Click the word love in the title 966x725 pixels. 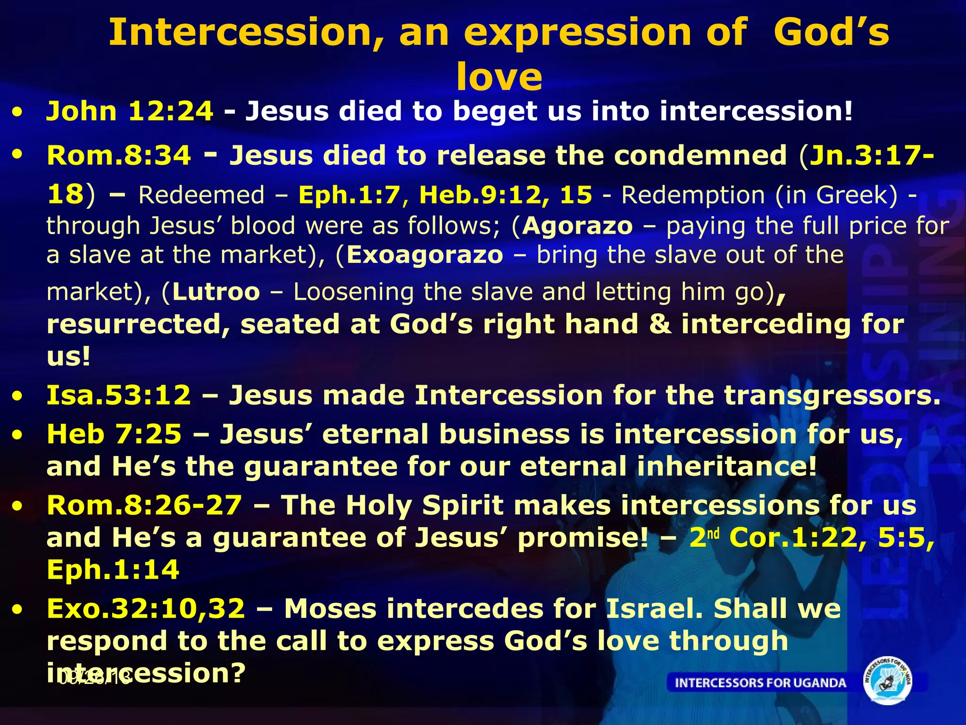tap(499, 76)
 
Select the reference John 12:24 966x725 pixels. tap(129, 111)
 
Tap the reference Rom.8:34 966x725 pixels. tap(119, 155)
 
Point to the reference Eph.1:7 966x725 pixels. tap(349, 195)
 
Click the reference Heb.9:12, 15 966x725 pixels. tap(505, 195)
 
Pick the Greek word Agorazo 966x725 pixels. tap(577, 226)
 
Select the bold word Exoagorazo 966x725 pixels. tap(425, 255)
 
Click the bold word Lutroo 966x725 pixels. tap(216, 292)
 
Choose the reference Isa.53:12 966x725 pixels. tap(119, 395)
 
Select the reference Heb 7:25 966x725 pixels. tap(114, 434)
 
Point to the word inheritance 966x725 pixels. tap(726, 466)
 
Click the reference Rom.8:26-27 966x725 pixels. tap(144, 506)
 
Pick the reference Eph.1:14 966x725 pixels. tap(113, 570)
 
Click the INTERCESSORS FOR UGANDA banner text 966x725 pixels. tap(760, 683)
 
